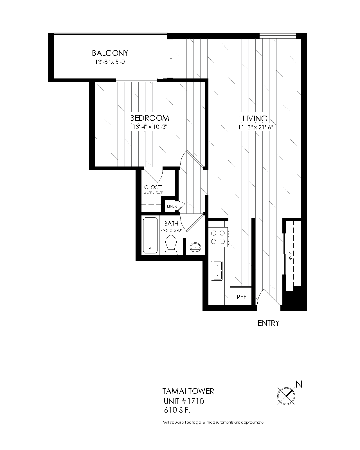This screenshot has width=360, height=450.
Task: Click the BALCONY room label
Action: pyautogui.click(x=110, y=53)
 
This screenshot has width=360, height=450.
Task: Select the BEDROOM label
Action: pyautogui.click(x=150, y=118)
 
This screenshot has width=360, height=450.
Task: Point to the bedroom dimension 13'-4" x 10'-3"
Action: pyautogui.click(x=150, y=127)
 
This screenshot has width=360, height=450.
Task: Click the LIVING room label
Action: pyautogui.click(x=255, y=118)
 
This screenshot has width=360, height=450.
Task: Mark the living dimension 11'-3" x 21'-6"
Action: pyautogui.click(x=255, y=127)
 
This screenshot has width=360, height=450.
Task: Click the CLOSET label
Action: pyautogui.click(x=153, y=187)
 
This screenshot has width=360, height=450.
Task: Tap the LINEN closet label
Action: pyautogui.click(x=172, y=206)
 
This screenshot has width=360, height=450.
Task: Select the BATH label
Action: pyautogui.click(x=171, y=224)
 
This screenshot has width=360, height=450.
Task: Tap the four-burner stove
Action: pyautogui.click(x=218, y=237)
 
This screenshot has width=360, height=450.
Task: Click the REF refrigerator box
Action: pyautogui.click(x=241, y=297)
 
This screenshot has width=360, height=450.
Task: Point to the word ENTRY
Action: pyautogui.click(x=268, y=323)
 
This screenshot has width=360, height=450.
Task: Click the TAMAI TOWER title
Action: pyautogui.click(x=188, y=391)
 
